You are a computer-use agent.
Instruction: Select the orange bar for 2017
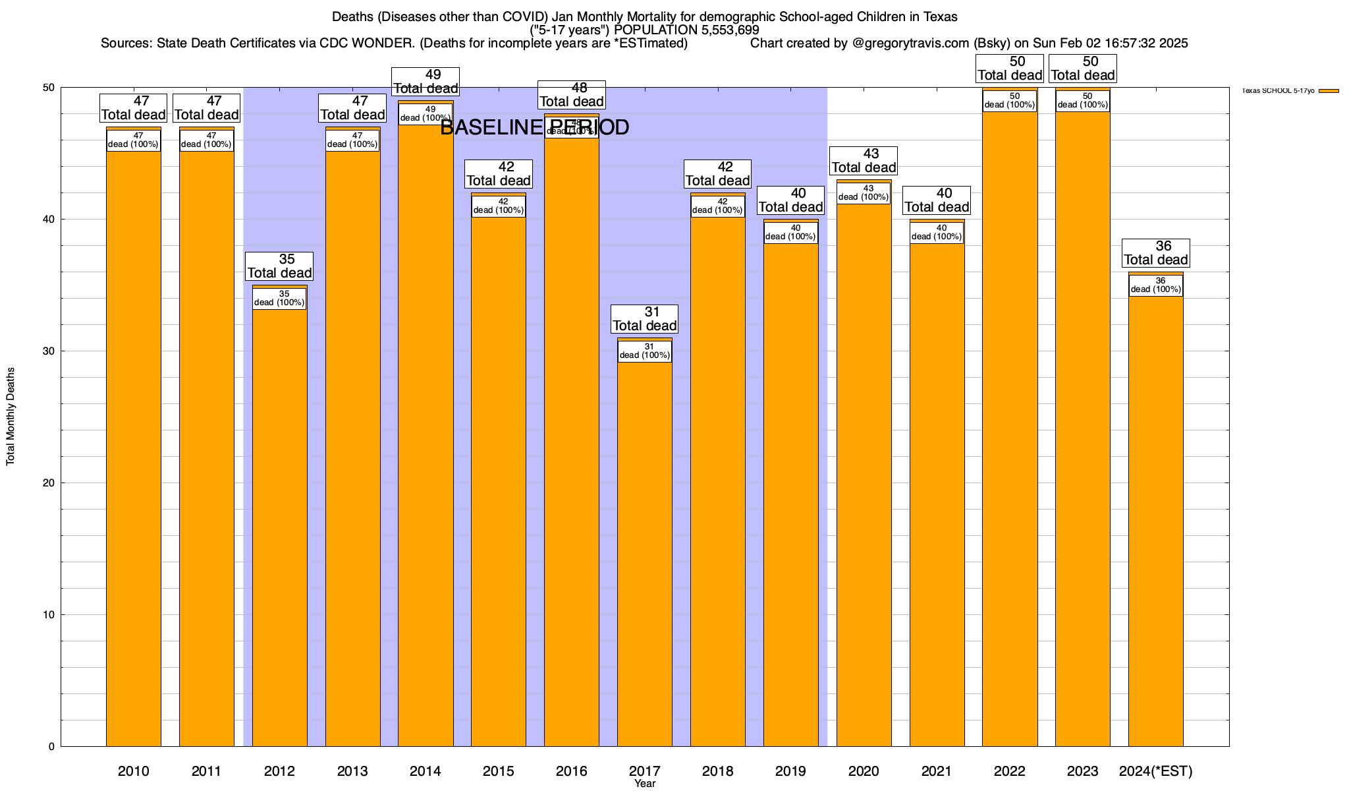click(645, 554)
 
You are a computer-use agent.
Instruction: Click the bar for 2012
click(280, 527)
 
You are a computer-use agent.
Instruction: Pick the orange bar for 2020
click(864, 475)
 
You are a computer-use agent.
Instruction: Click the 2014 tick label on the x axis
click(426, 771)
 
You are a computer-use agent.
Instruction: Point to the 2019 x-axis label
click(790, 771)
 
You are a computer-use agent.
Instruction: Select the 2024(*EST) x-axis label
click(1156, 771)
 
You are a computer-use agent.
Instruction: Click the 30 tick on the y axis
click(49, 351)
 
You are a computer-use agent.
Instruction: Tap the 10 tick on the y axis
click(49, 615)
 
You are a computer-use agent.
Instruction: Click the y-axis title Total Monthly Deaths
click(11, 417)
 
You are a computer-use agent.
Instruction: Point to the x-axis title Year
click(645, 784)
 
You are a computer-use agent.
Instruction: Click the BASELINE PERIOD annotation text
click(534, 127)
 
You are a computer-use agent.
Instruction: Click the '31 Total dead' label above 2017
click(645, 319)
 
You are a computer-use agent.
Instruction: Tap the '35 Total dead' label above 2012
click(280, 266)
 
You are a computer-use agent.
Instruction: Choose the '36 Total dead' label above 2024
click(1156, 253)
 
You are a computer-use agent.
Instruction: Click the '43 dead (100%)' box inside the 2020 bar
click(864, 193)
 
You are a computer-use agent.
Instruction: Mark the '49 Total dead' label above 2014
click(426, 82)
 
